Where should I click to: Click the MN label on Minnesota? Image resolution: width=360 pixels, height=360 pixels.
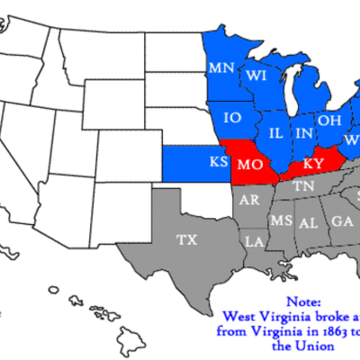pos(221,67)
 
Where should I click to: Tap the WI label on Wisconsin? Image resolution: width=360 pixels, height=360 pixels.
pos(256,74)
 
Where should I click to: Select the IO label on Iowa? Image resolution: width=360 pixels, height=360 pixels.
pos(232,117)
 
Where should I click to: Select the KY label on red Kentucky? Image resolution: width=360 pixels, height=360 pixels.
pos(312,164)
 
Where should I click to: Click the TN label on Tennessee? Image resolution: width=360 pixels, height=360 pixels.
pos(301,186)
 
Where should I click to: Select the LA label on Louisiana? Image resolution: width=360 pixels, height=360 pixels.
pos(256,241)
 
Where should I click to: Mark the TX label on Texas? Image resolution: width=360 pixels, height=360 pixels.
pos(186,239)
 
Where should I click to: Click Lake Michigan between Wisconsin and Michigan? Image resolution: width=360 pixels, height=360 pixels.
pos(286,90)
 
